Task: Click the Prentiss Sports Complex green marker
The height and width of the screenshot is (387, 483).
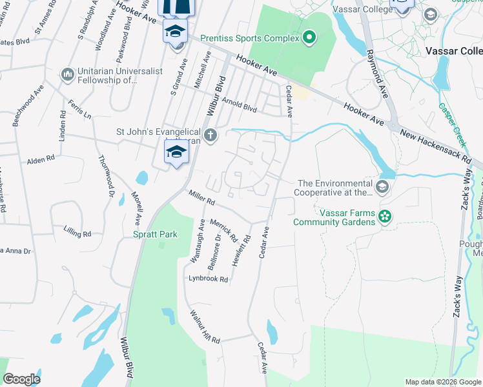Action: (309, 38)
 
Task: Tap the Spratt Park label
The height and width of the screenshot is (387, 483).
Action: (155, 235)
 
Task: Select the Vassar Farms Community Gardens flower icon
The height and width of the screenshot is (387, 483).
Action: (385, 217)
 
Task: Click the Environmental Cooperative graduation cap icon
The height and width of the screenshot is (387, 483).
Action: (382, 188)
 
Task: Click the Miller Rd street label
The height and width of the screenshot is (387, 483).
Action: (201, 197)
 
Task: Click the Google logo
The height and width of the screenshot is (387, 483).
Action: (21, 379)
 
